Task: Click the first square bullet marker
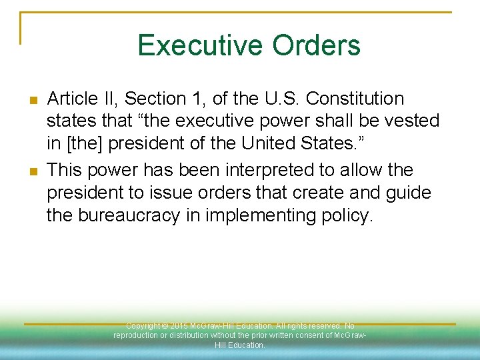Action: point(33,101)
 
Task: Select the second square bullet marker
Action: point(33,172)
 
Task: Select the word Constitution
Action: point(353,99)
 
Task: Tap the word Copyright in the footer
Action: point(142,326)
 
